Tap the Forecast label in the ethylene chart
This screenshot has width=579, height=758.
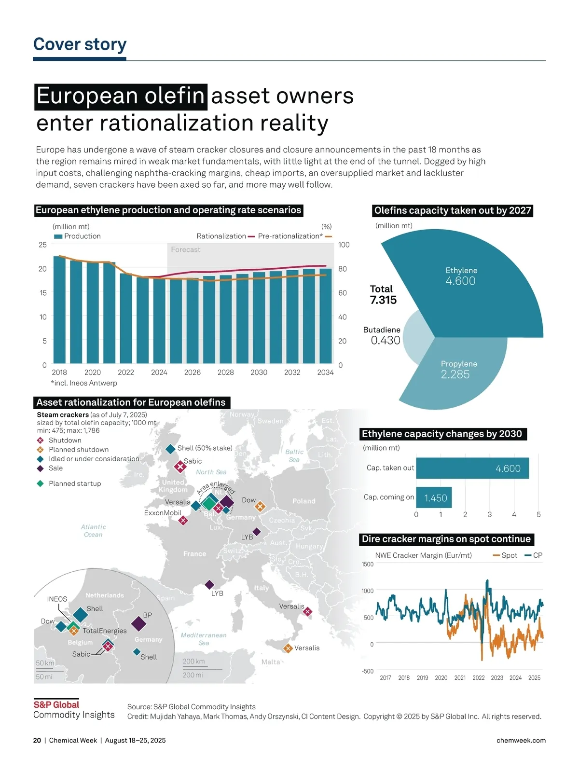point(185,249)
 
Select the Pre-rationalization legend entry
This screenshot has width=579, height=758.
point(290,236)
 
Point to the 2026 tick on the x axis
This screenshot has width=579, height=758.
point(192,372)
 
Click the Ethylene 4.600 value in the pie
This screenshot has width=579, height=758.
point(460,281)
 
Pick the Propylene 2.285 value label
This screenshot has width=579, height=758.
point(455,374)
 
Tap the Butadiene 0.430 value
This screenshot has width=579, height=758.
point(386,340)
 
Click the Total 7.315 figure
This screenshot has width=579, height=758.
point(383,300)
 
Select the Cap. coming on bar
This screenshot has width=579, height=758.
point(434,497)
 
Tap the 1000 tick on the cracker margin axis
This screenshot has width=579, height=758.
point(367,591)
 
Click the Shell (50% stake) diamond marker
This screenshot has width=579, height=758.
point(170,449)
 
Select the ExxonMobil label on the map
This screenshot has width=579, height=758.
point(163,512)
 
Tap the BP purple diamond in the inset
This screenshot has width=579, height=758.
point(138,624)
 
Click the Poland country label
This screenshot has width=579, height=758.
point(303,501)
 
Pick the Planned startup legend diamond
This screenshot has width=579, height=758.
point(41,483)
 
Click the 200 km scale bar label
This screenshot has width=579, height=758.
point(193,661)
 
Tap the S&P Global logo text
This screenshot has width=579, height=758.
point(56,704)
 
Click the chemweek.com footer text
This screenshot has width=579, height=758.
point(521,740)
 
